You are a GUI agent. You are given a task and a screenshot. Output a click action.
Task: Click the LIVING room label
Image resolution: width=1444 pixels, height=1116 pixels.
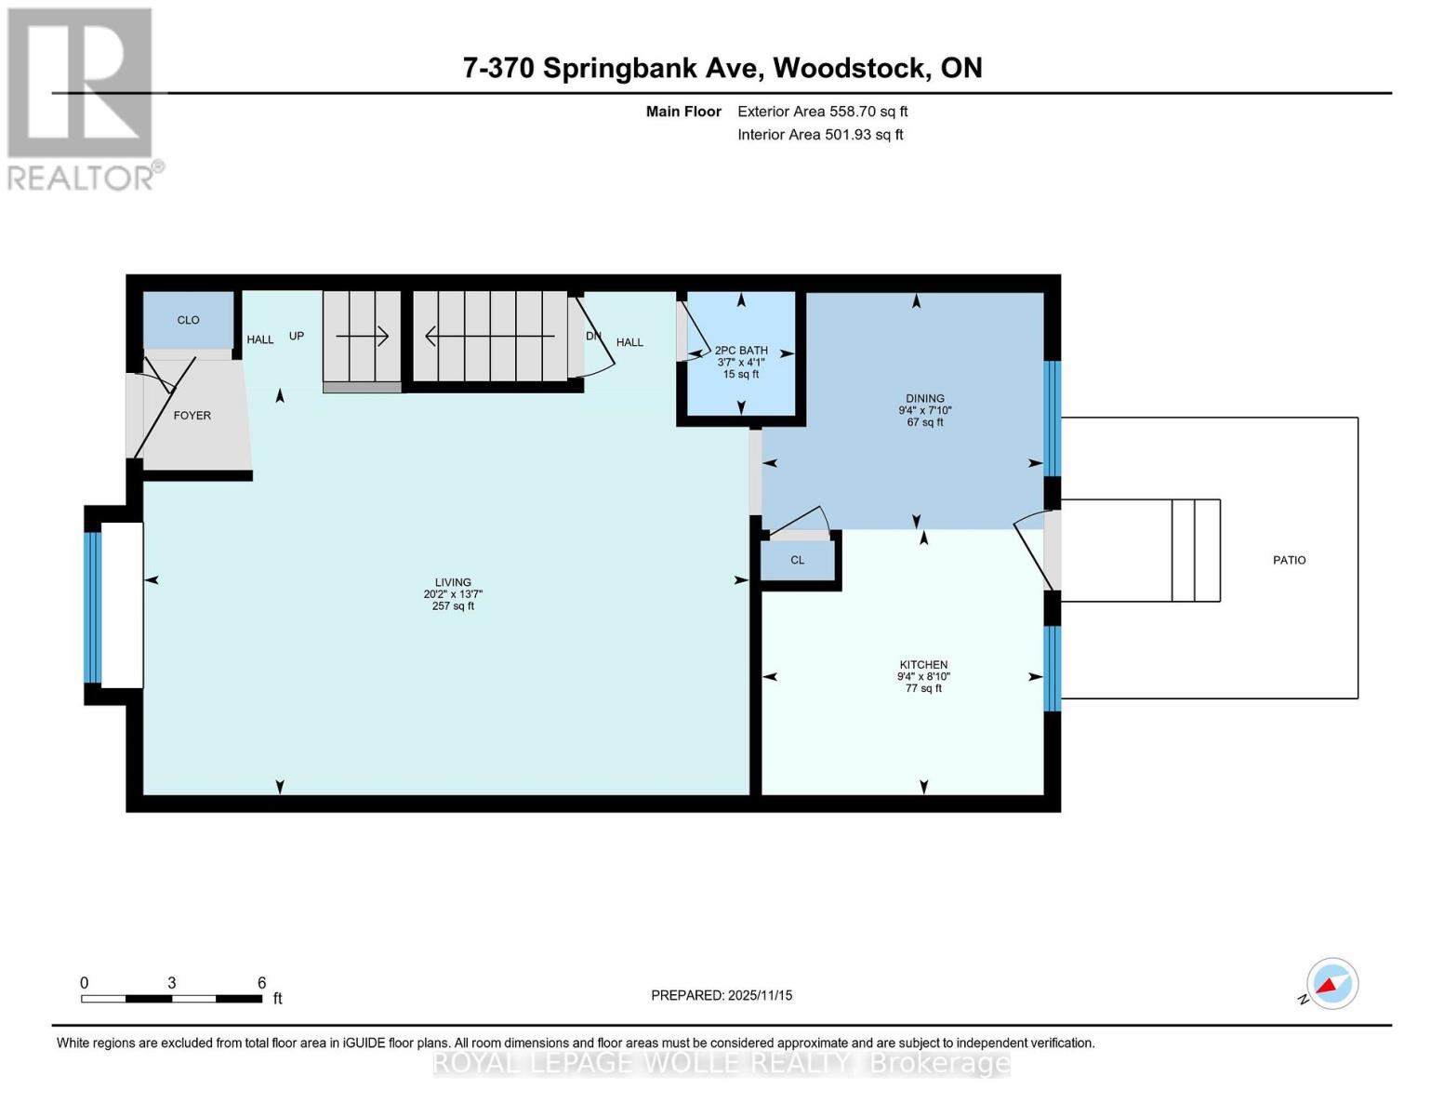tap(453, 582)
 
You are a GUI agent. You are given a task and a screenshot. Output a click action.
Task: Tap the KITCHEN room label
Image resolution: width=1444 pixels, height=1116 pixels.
tap(923, 665)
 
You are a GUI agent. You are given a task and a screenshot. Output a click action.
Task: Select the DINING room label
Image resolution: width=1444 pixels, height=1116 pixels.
tap(924, 399)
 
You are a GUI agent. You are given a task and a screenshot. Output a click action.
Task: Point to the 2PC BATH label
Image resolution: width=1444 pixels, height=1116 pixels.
tap(741, 351)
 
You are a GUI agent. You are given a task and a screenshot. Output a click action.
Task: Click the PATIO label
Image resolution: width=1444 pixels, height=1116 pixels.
tap(1289, 561)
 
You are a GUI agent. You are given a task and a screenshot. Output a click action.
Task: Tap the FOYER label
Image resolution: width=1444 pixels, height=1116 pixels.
tap(192, 416)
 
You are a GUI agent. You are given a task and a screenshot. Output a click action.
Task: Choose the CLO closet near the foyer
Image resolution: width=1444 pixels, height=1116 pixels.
tap(188, 320)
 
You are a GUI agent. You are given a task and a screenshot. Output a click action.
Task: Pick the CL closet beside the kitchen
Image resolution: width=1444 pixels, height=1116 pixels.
tap(798, 561)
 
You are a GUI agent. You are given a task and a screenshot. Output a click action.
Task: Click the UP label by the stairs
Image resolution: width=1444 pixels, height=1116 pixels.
tap(297, 337)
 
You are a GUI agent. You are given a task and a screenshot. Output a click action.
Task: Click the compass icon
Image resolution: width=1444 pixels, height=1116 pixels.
tap(1332, 984)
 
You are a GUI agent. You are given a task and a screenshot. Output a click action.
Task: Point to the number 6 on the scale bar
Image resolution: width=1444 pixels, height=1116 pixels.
tap(262, 983)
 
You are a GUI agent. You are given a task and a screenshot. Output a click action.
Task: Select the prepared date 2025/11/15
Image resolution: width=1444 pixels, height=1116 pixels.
tap(760, 996)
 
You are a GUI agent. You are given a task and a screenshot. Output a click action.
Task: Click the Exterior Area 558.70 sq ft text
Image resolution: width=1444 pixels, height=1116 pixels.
tap(822, 112)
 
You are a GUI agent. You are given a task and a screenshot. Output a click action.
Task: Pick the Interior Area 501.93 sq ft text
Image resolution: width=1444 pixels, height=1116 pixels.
tap(820, 135)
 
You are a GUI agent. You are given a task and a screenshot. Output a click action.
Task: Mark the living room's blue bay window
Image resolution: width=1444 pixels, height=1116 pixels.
tap(92, 607)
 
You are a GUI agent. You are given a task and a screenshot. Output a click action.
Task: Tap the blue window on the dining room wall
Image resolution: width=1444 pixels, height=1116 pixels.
tap(1052, 418)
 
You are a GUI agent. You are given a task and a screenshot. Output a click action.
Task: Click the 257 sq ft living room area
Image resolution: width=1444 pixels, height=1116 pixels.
tap(453, 606)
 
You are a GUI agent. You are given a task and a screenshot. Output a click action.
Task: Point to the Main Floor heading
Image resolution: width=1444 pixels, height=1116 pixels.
tap(683, 112)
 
